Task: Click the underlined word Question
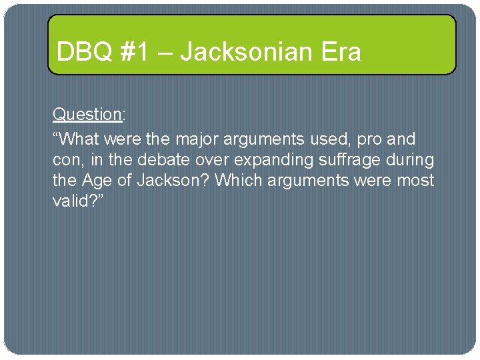pos(86,114)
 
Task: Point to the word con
pos(65,160)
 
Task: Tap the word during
pos(411,160)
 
